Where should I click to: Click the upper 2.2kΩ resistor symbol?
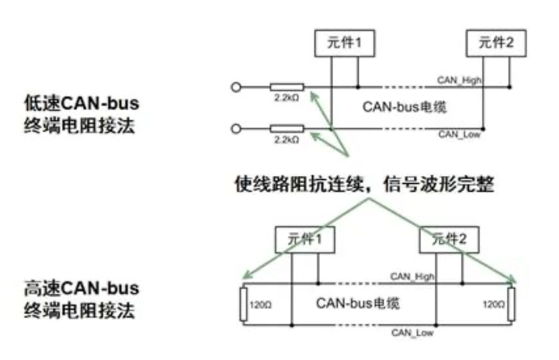pyautogui.click(x=286, y=86)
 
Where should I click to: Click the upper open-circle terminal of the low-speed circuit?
pyautogui.click(x=235, y=86)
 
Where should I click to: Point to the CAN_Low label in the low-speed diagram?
pyautogui.click(x=459, y=135)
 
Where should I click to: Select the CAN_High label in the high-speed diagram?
pyautogui.click(x=411, y=275)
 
